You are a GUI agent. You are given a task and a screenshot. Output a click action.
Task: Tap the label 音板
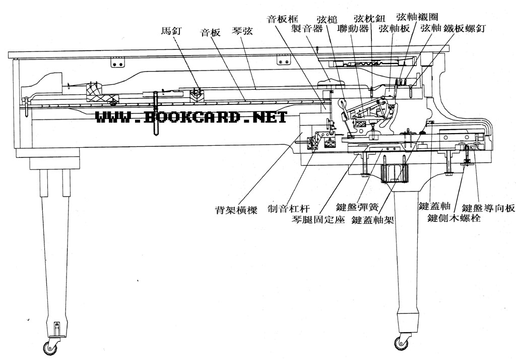tap(211, 33)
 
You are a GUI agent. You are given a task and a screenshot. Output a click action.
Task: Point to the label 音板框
tap(281, 19)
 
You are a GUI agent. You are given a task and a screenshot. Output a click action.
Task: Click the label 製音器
tap(307, 29)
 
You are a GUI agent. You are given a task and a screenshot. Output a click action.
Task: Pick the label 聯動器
tap(354, 29)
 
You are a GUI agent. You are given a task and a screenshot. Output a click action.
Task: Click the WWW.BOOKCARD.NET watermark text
tap(191, 117)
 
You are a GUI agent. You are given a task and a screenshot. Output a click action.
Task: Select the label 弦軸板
tap(395, 29)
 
